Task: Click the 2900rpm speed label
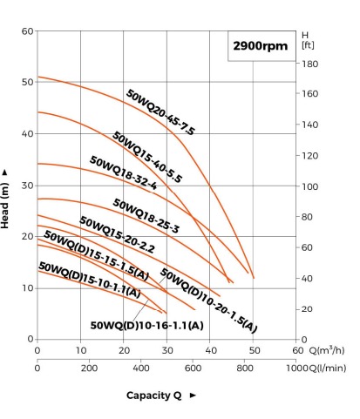[x=260, y=46]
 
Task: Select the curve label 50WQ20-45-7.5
[x=160, y=112]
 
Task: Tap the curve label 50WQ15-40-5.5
[x=147, y=157]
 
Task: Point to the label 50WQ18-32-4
[x=123, y=172]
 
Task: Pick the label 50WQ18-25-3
[x=146, y=216]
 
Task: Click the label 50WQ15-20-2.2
[x=117, y=234]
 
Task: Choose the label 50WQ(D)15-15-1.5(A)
[x=96, y=255]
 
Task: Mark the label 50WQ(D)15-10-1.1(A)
[x=90, y=280]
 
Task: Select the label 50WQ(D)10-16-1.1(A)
[x=146, y=325]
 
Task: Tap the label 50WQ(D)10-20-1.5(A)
[x=208, y=300]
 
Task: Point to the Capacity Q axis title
[x=153, y=395]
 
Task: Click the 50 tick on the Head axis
[x=27, y=82]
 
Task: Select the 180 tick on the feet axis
[x=309, y=64]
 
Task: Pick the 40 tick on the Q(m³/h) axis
[x=211, y=350]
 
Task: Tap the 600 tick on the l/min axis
[x=193, y=368]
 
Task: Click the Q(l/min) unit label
[x=327, y=368]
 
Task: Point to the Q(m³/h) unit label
[x=327, y=350]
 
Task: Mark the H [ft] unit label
[x=308, y=40]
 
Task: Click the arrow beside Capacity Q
[x=193, y=395]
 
